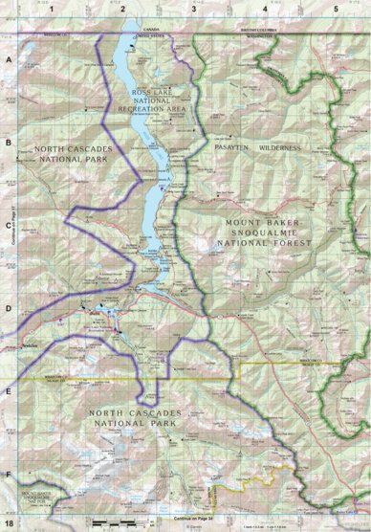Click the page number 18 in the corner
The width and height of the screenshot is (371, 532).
point(10,523)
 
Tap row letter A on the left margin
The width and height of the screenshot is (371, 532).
point(9,59)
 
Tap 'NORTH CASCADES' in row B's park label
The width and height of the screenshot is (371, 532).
point(73,150)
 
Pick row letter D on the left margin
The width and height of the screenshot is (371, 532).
point(9,309)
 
